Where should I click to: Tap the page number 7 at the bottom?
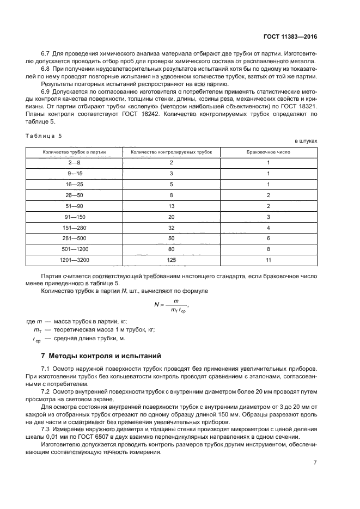coord(315,463)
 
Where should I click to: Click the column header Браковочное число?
coord(269,152)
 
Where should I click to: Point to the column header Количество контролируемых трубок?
coord(172,152)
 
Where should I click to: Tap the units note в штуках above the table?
coord(306,141)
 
